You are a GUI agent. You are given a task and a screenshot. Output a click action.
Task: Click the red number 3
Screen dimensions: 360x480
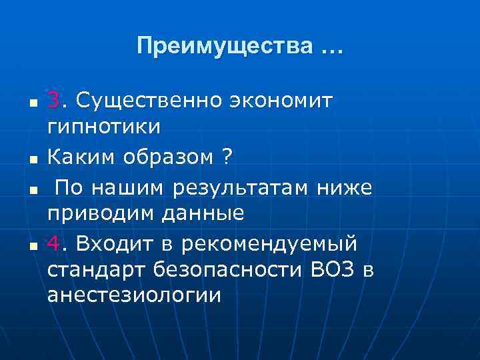tap(53, 100)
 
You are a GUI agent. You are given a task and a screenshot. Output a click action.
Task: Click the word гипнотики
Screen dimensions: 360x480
tap(103, 125)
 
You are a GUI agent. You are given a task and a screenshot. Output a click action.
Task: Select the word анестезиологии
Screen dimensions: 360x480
tap(133, 295)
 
